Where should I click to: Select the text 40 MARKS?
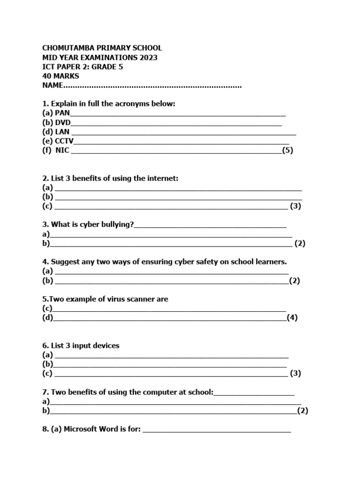61,76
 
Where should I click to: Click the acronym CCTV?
64,141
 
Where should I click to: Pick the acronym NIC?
62,150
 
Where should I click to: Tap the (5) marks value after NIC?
287,150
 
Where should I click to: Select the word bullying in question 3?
117,225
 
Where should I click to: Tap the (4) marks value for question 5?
292,317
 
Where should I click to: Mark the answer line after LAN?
183,133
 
